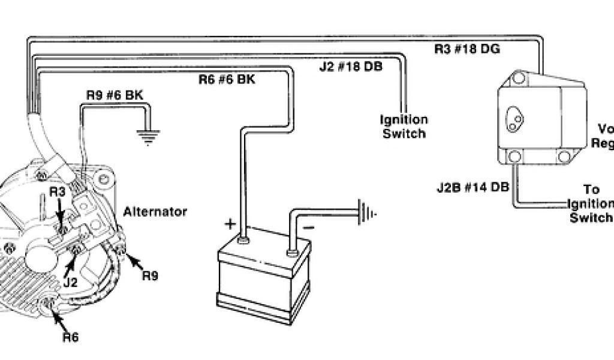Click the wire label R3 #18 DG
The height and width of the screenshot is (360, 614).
[x=467, y=49]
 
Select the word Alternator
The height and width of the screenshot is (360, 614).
[x=155, y=212]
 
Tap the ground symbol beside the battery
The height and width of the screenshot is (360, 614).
[x=366, y=212]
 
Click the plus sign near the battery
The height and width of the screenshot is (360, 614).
[x=230, y=225]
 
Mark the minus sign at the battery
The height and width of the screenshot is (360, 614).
[x=308, y=229]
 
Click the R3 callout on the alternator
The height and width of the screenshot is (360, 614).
[x=57, y=193]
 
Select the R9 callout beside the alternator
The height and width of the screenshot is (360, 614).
[x=150, y=277]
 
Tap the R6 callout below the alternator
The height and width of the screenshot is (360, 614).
[x=70, y=337]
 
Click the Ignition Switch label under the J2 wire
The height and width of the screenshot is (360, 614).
[x=404, y=127]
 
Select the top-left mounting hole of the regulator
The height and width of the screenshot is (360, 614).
[x=516, y=77]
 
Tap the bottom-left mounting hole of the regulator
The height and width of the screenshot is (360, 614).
[x=513, y=157]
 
